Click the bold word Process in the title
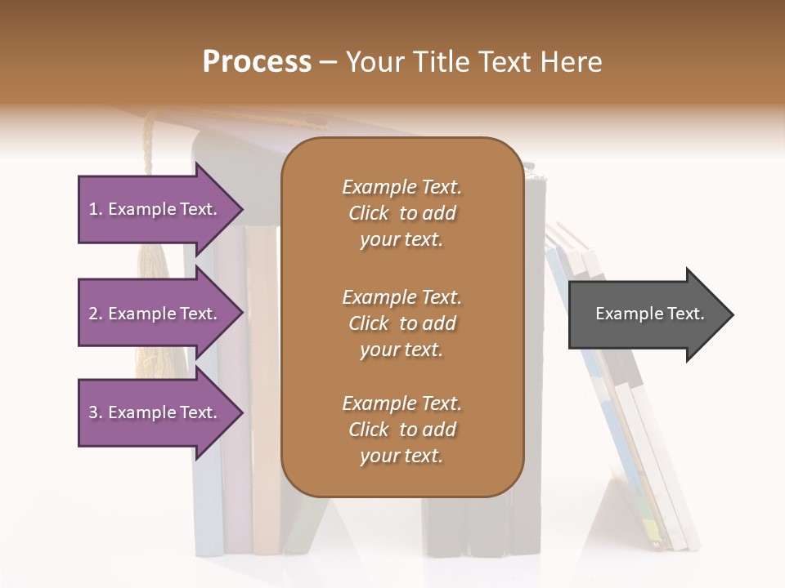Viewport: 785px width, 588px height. [x=257, y=62]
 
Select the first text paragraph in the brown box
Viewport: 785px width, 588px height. [x=401, y=213]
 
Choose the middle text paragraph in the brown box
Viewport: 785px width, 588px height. [x=401, y=323]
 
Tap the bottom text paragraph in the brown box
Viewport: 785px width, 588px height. [x=401, y=430]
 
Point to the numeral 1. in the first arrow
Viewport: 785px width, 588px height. [x=95, y=209]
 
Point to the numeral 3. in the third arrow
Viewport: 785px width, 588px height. [x=95, y=412]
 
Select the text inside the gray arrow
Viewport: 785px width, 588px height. [x=649, y=314]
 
